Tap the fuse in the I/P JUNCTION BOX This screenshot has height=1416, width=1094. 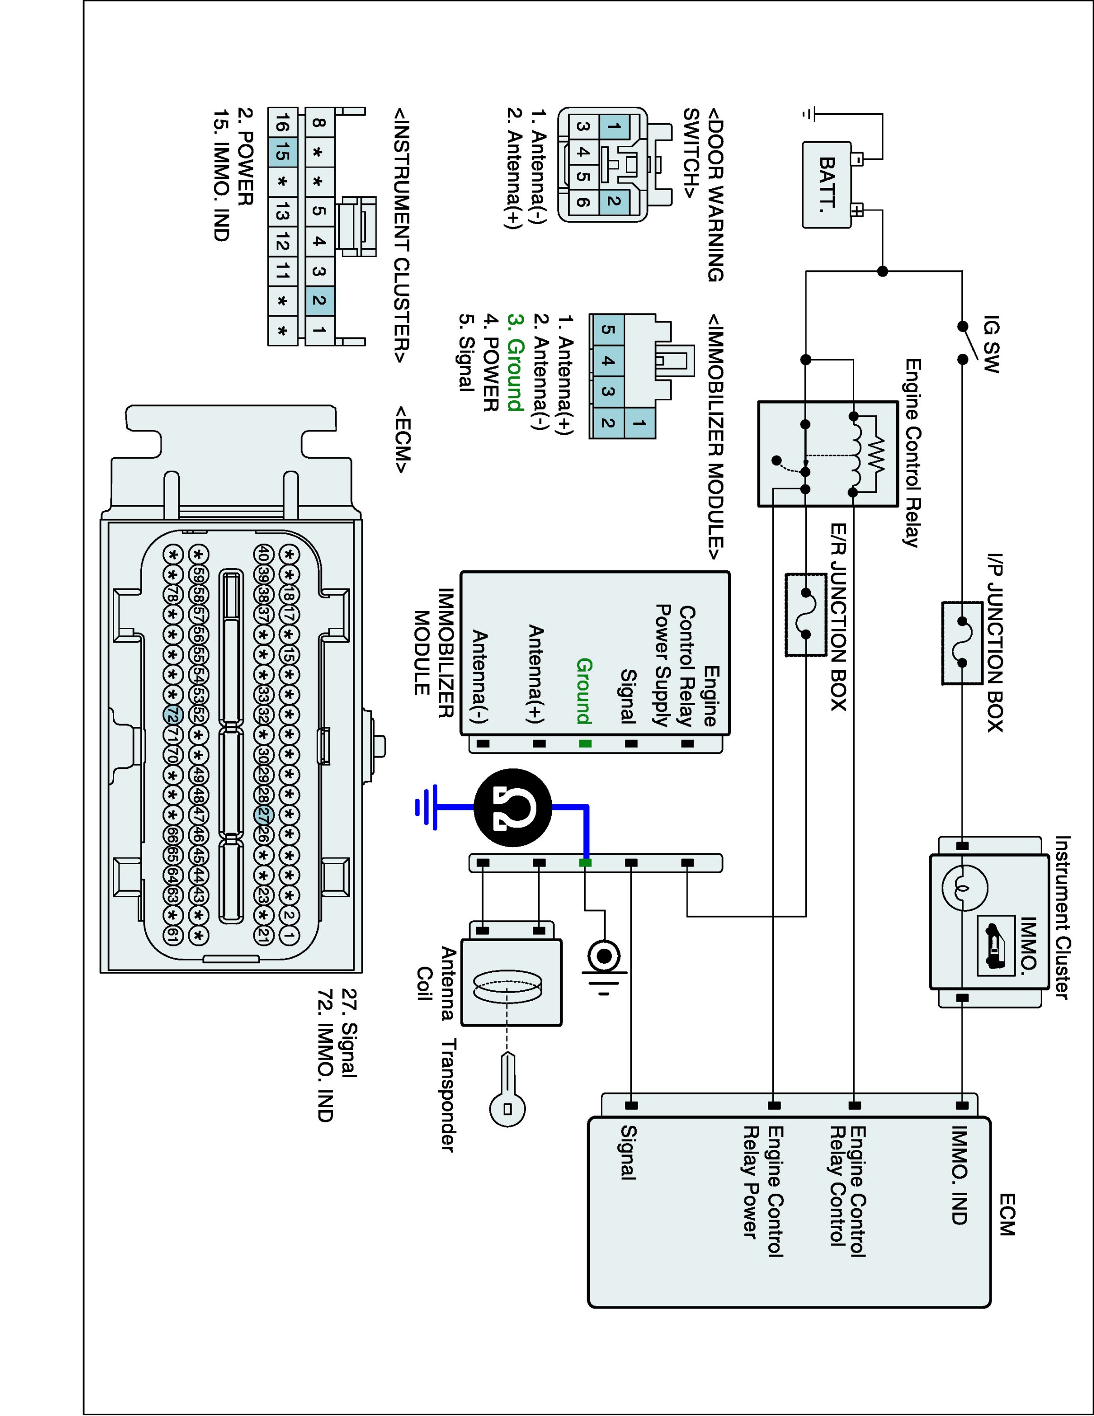[962, 642]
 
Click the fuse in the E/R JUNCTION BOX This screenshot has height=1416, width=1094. [806, 613]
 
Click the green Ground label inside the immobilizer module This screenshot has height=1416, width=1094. [584, 691]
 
